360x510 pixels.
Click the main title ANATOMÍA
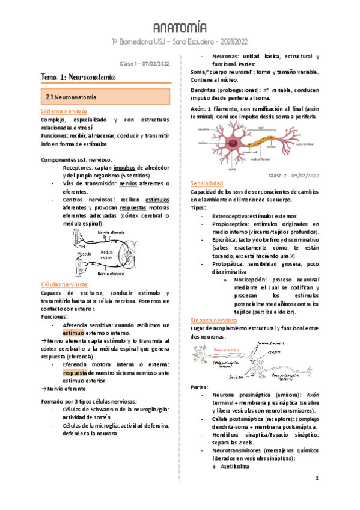(x=180, y=28)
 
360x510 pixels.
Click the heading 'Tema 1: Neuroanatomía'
(x=78, y=78)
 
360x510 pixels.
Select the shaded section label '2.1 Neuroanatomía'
(x=72, y=96)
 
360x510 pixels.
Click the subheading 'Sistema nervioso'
(x=64, y=112)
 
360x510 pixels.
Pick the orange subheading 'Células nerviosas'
(x=64, y=284)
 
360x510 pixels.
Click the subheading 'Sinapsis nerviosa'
(x=217, y=320)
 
